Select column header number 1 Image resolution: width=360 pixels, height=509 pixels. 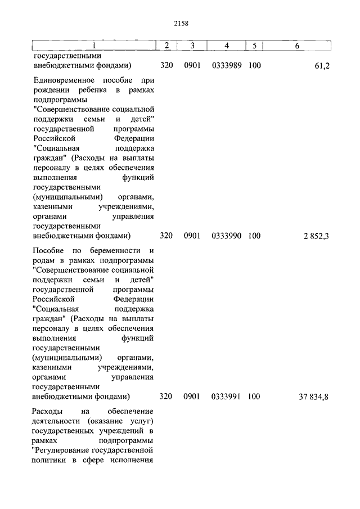(x=93, y=45)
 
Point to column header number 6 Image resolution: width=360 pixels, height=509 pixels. (x=297, y=45)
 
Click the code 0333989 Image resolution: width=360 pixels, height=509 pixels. (x=227, y=66)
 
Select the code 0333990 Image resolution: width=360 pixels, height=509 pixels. (x=227, y=236)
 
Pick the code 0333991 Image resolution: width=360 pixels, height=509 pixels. (x=227, y=397)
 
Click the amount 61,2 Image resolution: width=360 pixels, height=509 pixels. (x=322, y=66)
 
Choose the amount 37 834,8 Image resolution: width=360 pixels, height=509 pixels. (x=313, y=397)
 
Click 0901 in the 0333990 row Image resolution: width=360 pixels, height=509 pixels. (x=192, y=236)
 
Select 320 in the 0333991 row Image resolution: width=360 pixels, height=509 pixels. (x=166, y=397)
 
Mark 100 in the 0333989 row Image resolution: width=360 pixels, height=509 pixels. (x=254, y=66)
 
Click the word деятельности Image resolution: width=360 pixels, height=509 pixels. (x=56, y=421)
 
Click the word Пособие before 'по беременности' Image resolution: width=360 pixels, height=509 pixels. (x=48, y=250)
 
